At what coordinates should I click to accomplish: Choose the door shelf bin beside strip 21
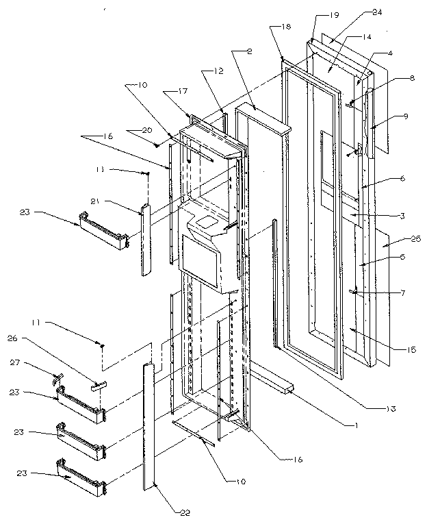(x=103, y=231)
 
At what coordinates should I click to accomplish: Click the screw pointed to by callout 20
(x=157, y=145)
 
